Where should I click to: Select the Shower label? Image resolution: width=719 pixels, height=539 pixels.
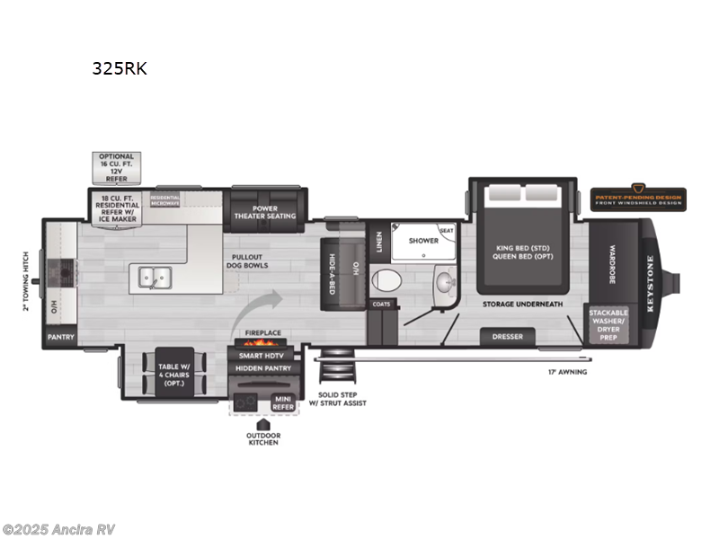423,241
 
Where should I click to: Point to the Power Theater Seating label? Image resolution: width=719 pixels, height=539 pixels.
265,212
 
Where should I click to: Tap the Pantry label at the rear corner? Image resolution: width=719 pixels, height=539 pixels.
61,338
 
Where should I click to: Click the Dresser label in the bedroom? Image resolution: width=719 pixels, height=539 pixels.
507,338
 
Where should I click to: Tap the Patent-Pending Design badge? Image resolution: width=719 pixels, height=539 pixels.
638,198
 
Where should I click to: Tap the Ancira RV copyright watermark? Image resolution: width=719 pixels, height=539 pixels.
59,529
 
